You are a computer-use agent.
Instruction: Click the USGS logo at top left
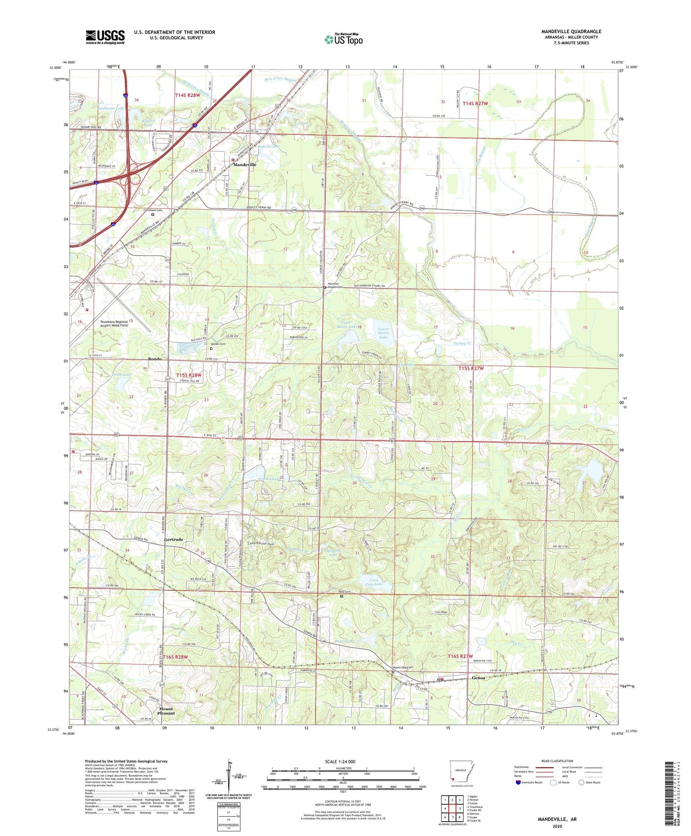(x=105, y=37)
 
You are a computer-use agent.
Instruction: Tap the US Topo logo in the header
(x=343, y=39)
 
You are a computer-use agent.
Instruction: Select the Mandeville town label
(x=245, y=165)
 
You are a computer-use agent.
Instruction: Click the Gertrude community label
(x=174, y=539)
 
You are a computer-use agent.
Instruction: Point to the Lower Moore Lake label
(x=383, y=332)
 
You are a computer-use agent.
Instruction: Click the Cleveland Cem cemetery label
(x=152, y=210)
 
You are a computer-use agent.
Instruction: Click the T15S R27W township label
(x=472, y=368)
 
